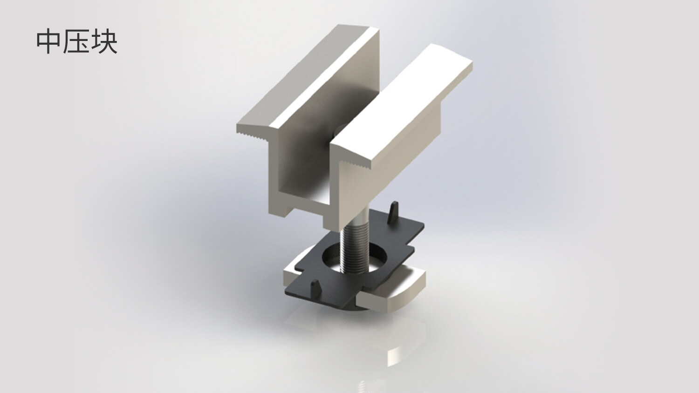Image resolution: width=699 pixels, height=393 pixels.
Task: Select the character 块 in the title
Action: (104, 42)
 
